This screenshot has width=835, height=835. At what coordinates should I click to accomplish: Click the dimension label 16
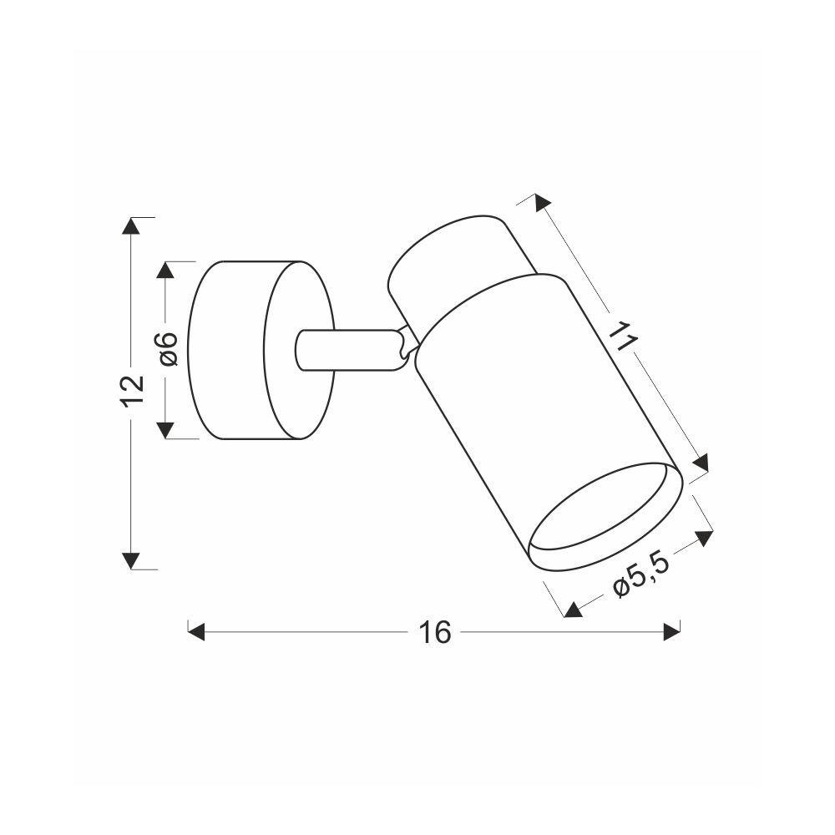pyautogui.click(x=434, y=632)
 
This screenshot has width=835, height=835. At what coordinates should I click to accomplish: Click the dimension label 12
pyautogui.click(x=132, y=391)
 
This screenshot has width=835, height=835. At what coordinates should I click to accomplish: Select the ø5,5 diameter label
pyautogui.click(x=640, y=578)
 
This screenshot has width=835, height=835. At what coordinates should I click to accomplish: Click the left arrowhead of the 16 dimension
pyautogui.click(x=196, y=632)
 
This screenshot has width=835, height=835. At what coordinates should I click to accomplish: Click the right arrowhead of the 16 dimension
pyautogui.click(x=672, y=632)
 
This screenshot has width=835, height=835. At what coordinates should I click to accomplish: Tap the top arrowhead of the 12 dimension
pyautogui.click(x=131, y=225)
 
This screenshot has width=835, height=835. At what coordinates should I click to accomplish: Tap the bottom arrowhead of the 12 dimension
pyautogui.click(x=131, y=561)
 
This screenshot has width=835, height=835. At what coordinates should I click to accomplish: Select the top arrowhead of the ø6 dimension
pyautogui.click(x=165, y=270)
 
